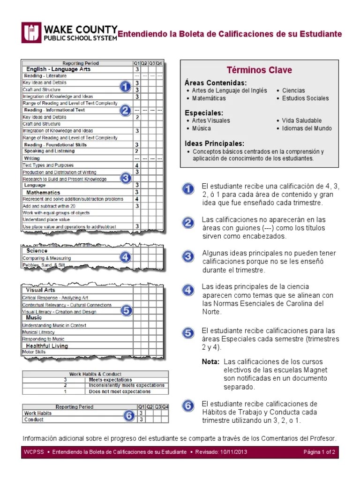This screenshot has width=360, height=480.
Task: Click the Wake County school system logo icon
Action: (x=31, y=33)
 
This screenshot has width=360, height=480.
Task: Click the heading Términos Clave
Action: (x=259, y=70)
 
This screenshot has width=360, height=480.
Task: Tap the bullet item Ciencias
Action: (x=293, y=90)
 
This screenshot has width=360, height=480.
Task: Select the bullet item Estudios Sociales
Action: (x=305, y=98)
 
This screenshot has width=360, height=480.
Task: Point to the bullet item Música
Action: (x=202, y=128)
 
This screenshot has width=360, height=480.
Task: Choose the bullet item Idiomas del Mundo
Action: (x=307, y=128)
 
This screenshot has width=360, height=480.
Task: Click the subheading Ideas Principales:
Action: (x=214, y=143)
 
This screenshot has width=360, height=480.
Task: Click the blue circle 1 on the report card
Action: (x=125, y=87)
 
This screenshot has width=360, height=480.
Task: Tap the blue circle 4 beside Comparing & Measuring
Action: (x=125, y=257)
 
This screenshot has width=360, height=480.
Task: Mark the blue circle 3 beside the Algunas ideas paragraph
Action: (x=188, y=256)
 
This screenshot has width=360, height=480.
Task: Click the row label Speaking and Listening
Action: (x=49, y=151)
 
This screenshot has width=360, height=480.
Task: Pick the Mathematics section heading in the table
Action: (x=43, y=192)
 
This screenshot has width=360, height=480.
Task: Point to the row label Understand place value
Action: (x=46, y=219)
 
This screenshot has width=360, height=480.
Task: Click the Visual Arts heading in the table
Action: (x=40, y=290)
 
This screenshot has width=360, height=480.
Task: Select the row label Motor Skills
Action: (x=34, y=352)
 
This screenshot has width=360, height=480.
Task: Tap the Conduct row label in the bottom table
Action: (x=34, y=420)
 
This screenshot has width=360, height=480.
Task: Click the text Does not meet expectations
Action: (x=120, y=391)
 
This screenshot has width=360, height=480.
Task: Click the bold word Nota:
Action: (x=210, y=362)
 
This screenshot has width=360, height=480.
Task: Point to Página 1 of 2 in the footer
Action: (x=319, y=452)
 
